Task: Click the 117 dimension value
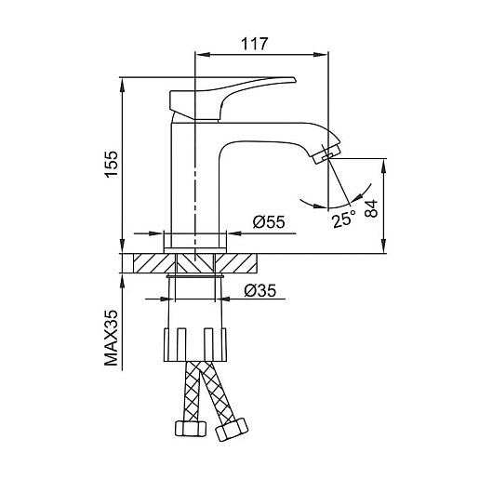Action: pos(254,44)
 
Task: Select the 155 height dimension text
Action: pos(112,164)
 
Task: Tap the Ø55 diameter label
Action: pos(269,222)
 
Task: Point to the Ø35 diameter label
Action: pos(259,290)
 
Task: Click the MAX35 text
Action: pos(112,339)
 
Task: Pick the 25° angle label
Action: pos(343,220)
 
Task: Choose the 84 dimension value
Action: pos(372,208)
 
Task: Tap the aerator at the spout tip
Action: pos(326,153)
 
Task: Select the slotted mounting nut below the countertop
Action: pos(195,344)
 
